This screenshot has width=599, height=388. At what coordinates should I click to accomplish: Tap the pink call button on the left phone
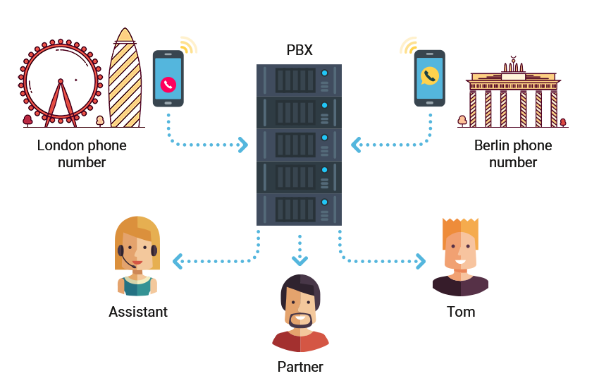168,84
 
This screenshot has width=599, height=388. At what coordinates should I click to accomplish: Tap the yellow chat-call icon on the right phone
429,75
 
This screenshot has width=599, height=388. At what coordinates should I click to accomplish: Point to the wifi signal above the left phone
187,45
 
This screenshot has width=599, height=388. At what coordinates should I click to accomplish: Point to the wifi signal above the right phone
408,45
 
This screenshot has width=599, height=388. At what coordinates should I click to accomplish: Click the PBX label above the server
299,50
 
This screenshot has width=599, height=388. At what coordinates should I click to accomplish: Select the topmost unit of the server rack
299,80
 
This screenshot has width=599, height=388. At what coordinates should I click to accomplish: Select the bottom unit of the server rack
299,210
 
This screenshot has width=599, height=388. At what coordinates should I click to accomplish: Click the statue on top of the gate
513,62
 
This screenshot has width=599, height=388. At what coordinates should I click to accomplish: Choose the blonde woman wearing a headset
137,255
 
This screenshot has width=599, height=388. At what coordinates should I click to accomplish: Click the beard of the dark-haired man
300,324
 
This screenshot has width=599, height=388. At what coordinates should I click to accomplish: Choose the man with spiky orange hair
460,257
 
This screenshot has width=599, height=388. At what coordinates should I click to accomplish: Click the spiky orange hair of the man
460,231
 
